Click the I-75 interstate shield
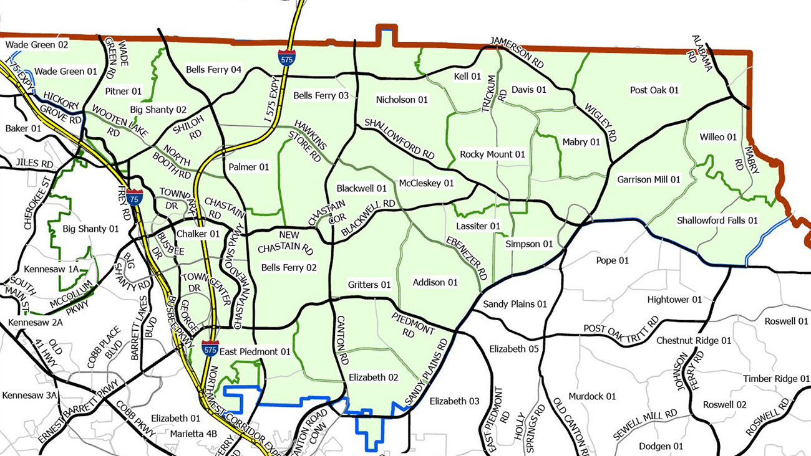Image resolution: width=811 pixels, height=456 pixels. click(x=134, y=197)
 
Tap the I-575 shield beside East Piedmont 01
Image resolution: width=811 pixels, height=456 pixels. click(x=210, y=348)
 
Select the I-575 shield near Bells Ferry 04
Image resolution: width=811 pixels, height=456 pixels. click(x=286, y=56)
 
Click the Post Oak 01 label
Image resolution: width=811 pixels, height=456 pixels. click(x=654, y=90)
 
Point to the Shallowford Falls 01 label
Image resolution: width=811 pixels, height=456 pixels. click(x=717, y=221)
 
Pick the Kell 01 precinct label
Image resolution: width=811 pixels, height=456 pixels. click(x=467, y=76)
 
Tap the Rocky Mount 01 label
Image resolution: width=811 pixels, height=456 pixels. click(x=492, y=154)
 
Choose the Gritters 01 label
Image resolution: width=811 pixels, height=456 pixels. click(x=369, y=285)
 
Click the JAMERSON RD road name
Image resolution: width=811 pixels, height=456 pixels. click(x=517, y=51)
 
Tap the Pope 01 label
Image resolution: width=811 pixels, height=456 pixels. click(x=612, y=260)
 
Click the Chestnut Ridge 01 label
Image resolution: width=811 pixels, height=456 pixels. click(x=693, y=341)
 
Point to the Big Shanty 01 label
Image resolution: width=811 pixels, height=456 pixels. click(x=90, y=229)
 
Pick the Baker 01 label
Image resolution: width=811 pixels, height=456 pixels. click(x=23, y=128)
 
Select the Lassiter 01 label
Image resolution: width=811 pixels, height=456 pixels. click(x=478, y=226)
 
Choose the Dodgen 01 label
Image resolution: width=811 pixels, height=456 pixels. click(x=661, y=446)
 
